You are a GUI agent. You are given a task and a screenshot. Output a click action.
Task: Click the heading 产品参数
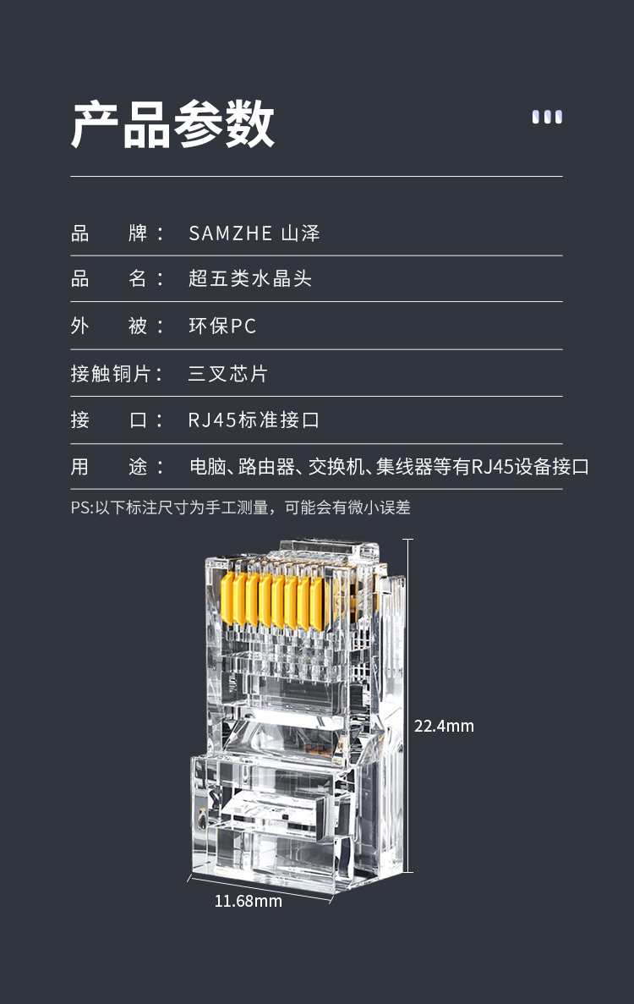coord(172,124)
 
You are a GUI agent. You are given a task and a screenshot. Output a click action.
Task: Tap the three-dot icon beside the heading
coord(547,117)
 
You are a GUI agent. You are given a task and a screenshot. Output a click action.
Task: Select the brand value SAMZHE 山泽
coord(254,233)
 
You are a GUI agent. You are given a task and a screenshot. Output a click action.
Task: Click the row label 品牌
coord(117,233)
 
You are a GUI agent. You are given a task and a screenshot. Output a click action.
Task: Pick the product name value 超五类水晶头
coord(250,278)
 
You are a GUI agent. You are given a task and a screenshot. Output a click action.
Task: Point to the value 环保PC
coord(222,326)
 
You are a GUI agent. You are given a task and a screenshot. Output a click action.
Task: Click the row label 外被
coord(117,326)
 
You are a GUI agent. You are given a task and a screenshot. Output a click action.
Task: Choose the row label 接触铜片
coord(117,373)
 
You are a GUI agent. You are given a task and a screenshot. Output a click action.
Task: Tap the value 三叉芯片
coord(227,373)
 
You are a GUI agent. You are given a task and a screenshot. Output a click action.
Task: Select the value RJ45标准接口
coord(254,420)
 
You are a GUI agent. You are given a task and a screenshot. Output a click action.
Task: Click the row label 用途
coord(117,467)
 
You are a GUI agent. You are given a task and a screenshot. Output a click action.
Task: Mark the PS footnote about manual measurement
coord(241,507)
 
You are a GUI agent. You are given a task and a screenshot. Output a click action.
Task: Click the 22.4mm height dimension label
coord(444,726)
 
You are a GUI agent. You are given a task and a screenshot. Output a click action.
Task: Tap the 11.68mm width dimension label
coord(249,902)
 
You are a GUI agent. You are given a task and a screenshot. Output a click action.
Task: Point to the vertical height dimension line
coord(408,705)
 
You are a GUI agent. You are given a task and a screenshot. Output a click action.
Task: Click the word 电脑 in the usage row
coord(208,467)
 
